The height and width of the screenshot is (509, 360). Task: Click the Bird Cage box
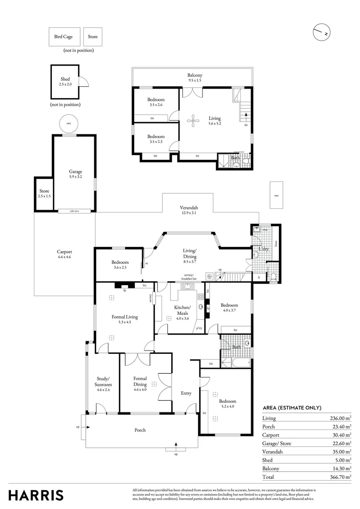[63, 36]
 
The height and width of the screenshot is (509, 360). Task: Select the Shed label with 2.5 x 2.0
[65, 82]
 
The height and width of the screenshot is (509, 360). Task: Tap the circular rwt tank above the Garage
[69, 124]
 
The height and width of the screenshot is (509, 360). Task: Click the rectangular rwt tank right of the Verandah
[276, 195]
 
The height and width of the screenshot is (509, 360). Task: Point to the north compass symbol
[322, 33]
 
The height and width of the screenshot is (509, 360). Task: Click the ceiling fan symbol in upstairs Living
[193, 122]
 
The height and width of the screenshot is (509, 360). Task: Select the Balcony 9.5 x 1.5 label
[195, 78]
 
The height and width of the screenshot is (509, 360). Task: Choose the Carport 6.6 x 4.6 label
[64, 254]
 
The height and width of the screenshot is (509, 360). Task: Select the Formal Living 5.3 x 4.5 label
[124, 319]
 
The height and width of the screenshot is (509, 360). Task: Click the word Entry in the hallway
[186, 393]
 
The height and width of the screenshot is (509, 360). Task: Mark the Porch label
[140, 430]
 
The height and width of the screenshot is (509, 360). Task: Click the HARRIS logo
[36, 495]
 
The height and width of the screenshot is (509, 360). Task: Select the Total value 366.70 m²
[340, 477]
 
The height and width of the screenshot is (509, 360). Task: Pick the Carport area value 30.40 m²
[341, 435]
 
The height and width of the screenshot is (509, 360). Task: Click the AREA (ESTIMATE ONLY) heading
[292, 408]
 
